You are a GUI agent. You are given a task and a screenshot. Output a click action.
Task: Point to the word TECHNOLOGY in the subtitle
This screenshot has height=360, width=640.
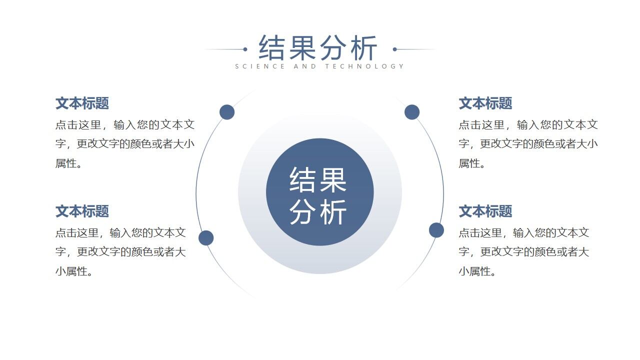(x=364, y=66)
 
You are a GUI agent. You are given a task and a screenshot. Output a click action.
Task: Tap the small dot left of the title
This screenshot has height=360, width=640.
(x=245, y=49)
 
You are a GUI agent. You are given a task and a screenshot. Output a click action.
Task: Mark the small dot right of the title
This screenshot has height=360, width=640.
(x=395, y=49)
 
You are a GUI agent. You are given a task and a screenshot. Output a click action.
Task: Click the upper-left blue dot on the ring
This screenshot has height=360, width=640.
(x=227, y=112)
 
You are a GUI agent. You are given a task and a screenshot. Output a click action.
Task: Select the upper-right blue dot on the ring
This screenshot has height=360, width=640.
(x=412, y=112)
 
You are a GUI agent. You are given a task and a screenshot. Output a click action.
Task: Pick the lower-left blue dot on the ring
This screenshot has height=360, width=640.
(x=206, y=238)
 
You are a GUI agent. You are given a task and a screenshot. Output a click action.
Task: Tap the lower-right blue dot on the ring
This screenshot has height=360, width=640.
(x=436, y=230)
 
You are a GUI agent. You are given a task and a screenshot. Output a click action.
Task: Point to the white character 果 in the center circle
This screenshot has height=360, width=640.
(x=333, y=180)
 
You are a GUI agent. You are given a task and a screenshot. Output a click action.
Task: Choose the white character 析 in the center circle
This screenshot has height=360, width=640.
(x=333, y=212)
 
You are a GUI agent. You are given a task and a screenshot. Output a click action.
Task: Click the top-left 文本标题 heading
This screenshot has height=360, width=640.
(x=82, y=103)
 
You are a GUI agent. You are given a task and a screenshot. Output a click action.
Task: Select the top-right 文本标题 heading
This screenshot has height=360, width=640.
(x=485, y=103)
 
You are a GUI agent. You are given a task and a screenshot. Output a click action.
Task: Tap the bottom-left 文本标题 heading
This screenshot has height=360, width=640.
(x=82, y=211)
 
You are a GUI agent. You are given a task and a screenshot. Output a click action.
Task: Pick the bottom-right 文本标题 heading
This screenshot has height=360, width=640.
(x=485, y=211)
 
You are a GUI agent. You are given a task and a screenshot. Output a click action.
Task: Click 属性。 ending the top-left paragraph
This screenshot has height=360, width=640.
(x=69, y=163)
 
